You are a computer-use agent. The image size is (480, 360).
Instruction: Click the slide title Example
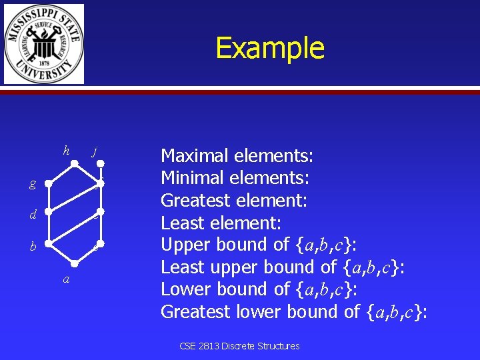pos(270,48)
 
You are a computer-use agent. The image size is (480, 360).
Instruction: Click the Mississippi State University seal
pos(44,44)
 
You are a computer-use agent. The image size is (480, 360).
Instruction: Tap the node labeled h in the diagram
pos(76,163)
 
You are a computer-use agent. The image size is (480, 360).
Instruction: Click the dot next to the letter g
pos(50,183)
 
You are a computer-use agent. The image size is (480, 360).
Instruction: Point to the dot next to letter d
pos(50,214)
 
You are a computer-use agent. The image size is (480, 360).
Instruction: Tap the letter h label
pos(66,151)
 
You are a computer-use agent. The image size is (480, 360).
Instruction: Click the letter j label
pos(95,151)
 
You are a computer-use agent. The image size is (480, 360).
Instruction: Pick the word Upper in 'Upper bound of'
pos(182,245)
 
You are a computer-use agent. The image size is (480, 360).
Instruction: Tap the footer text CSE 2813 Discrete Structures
pos(239,346)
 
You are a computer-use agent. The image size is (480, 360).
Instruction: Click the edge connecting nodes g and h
pos(63,173)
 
